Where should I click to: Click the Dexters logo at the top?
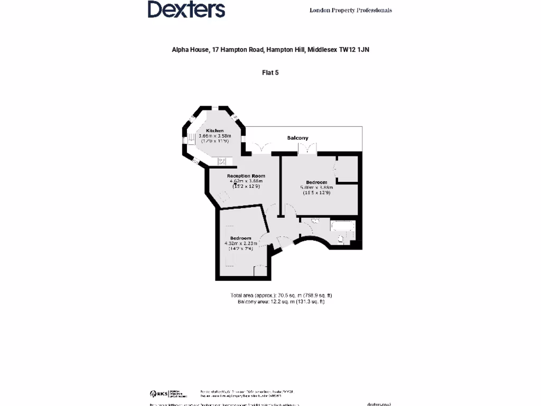pos(186,10)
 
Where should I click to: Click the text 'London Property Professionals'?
pos(350,10)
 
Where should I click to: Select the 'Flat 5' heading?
pos(270,72)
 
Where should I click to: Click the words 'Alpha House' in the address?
pos(190,50)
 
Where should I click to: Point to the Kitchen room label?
pos(214,131)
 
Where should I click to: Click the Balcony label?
pos(297,138)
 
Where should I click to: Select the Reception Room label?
pos(246,176)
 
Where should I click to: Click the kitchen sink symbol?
pos(222,161)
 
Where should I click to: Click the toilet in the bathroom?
pos(341,241)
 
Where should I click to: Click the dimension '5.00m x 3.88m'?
pos(316,188)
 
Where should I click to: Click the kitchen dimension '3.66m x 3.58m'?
pos(214,136)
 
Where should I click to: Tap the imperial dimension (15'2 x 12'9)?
pos(245,186)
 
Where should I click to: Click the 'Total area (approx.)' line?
pos(281,295)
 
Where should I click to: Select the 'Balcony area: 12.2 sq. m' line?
pos(281,301)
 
